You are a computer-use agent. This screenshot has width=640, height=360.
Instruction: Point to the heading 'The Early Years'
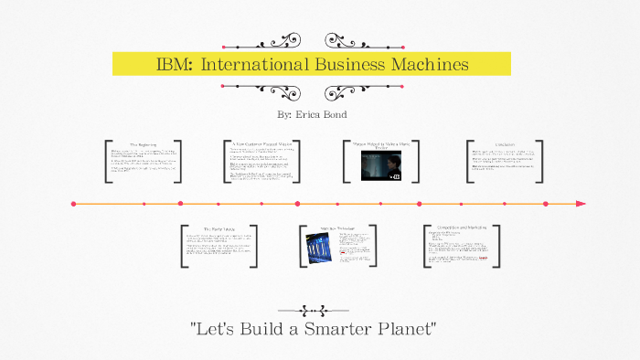pos(219,228)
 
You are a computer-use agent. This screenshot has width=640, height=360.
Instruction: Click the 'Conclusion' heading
pos(505,144)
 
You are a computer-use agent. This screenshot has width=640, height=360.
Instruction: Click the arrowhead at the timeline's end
pos(581,204)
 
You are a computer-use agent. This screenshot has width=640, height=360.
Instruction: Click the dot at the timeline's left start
pos(73,204)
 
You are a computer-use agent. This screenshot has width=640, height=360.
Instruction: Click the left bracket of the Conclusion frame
pos(469,161)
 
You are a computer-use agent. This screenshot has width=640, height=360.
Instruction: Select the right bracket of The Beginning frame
pos(184,161)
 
